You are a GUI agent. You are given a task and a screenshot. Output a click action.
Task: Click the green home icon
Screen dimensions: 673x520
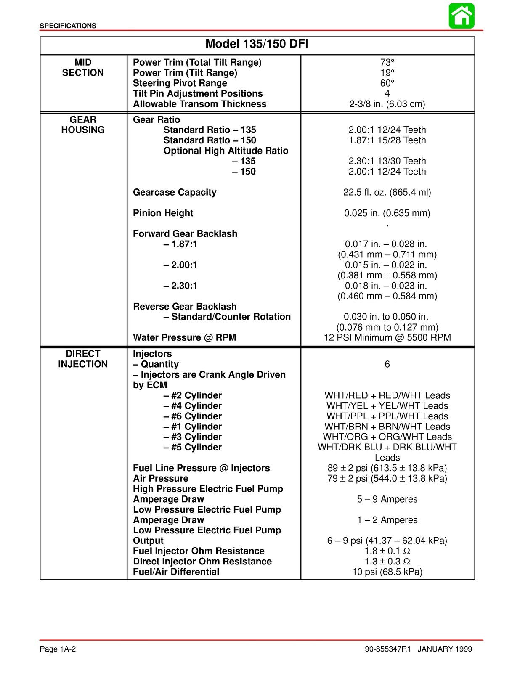click(x=462, y=16)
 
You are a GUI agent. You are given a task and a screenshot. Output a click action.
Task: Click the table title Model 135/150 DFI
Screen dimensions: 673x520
click(x=257, y=44)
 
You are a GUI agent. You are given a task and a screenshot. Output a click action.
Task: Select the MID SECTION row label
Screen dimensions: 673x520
click(x=83, y=68)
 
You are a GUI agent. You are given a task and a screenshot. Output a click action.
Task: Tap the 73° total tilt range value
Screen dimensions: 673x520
click(x=387, y=63)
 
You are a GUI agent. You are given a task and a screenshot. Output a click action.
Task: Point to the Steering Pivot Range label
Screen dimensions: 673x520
click(x=180, y=83)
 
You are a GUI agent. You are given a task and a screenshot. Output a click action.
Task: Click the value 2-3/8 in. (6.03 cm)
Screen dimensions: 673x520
click(x=387, y=104)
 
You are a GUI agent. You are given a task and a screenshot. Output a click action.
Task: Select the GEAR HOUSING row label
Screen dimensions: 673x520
click(x=83, y=125)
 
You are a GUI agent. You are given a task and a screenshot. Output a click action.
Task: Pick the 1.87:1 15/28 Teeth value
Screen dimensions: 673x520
click(x=387, y=140)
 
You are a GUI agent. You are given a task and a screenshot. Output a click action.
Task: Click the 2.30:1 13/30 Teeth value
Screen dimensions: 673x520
click(x=387, y=161)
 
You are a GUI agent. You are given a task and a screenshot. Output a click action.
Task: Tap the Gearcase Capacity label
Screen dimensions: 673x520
click(x=175, y=192)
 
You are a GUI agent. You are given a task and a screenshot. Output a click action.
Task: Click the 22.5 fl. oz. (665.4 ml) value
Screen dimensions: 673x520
click(x=387, y=192)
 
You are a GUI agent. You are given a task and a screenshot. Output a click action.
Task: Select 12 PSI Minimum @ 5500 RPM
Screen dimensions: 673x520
click(x=387, y=337)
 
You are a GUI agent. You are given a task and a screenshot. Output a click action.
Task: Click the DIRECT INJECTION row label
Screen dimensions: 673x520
click(x=83, y=359)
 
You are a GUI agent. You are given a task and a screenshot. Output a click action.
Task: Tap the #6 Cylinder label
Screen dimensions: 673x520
click(x=193, y=416)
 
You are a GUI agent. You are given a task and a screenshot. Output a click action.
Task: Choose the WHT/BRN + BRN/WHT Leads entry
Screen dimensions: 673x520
click(x=387, y=427)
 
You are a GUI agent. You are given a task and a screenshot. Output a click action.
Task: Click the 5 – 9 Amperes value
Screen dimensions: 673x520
click(x=387, y=499)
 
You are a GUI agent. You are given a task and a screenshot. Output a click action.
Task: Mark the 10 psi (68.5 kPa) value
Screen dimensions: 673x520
click(x=387, y=572)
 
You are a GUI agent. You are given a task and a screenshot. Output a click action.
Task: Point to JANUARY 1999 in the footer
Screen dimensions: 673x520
click(x=445, y=649)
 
